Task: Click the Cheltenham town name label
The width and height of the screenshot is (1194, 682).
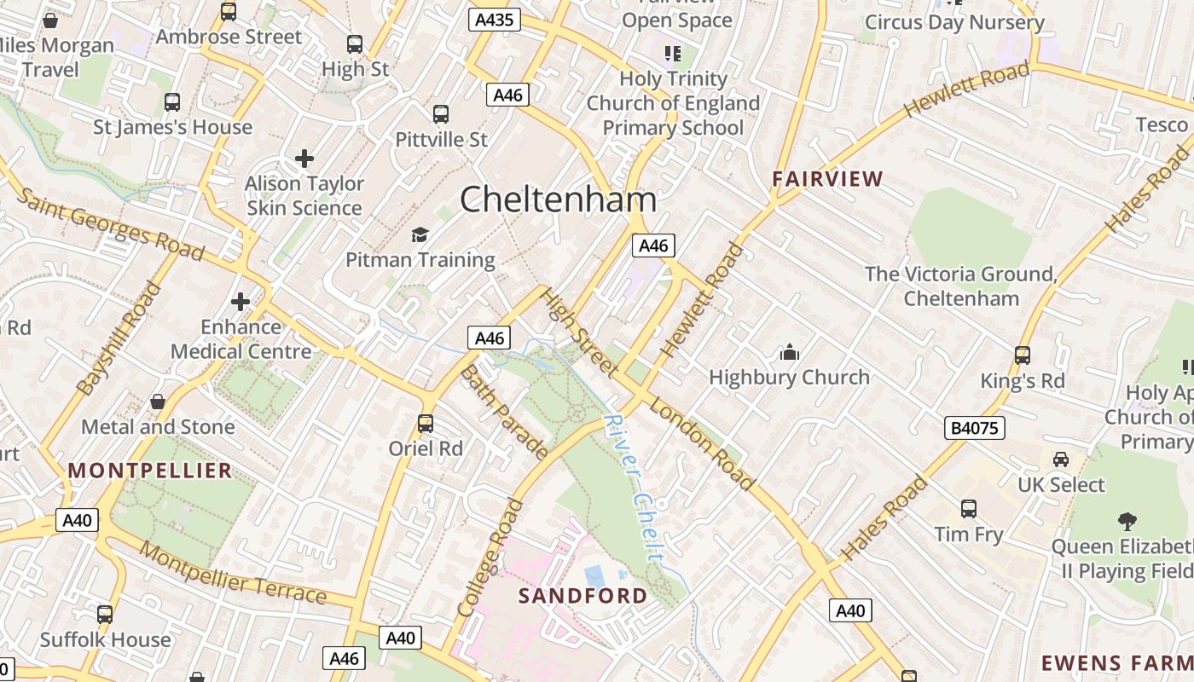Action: point(559,199)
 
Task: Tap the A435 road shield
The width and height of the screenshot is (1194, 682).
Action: point(495,20)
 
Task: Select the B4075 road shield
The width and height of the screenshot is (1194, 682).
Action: point(974,427)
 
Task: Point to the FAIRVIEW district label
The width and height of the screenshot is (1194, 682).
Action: point(827,179)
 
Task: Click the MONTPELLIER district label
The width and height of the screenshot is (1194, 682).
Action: point(150,471)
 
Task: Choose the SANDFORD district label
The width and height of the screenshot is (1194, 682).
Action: point(583,595)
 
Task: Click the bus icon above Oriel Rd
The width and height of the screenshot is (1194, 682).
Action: point(425,423)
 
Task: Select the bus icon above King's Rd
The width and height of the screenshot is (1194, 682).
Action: point(1022,355)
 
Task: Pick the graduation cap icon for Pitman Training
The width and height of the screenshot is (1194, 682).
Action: point(420,234)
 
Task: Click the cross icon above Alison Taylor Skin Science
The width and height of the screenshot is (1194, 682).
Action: point(304,159)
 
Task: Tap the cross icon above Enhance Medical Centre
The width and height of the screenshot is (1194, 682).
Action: point(241,302)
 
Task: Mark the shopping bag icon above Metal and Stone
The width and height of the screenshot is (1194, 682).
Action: point(158,402)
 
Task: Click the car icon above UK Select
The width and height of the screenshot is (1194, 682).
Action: point(1060,459)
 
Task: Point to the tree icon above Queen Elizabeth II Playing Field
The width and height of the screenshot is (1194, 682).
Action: point(1127,521)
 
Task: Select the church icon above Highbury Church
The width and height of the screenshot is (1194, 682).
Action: point(789,352)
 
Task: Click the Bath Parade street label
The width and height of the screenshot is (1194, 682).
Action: point(504,413)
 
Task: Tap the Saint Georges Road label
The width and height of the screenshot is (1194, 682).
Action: point(110,224)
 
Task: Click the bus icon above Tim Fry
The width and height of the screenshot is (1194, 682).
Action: point(968,509)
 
